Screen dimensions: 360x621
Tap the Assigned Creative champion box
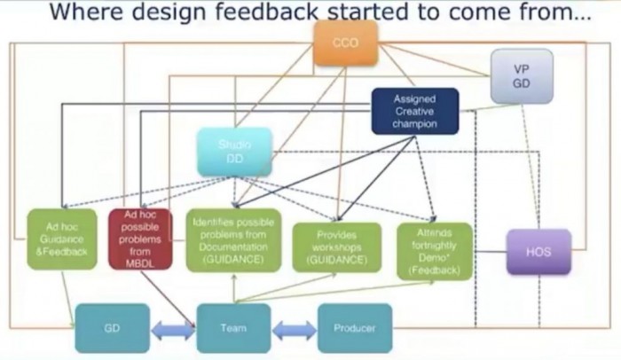415,112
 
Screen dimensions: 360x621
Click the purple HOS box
538,252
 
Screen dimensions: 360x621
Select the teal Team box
233,328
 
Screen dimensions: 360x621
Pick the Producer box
354,328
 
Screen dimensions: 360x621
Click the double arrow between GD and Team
173,329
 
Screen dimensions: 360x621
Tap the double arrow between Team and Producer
294,329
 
